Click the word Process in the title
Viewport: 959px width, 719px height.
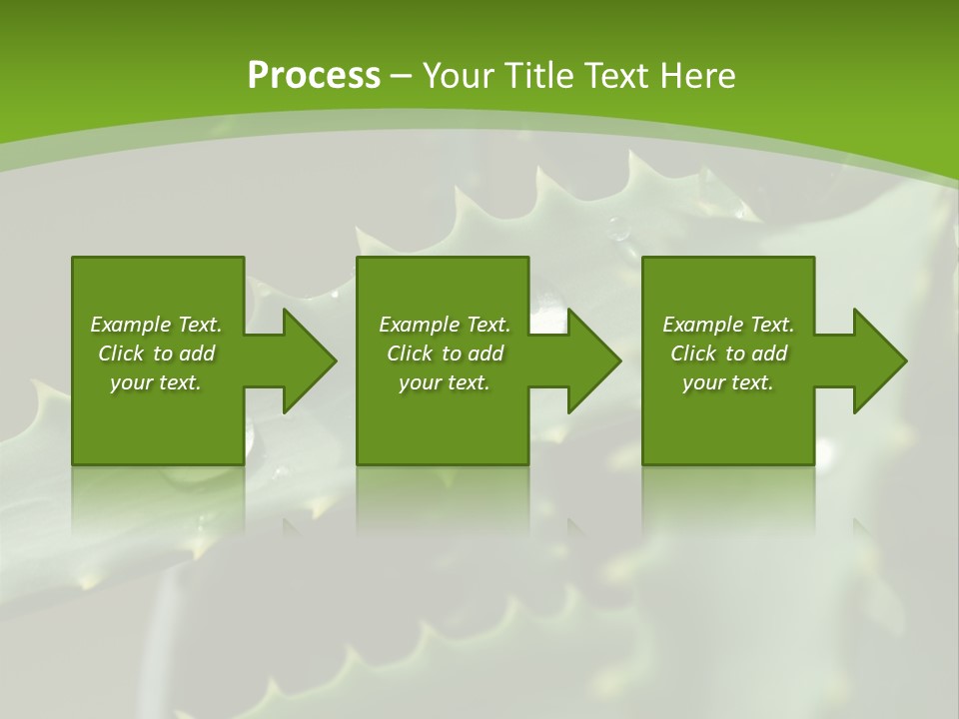click(x=314, y=76)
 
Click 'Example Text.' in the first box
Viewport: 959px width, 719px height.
click(x=156, y=325)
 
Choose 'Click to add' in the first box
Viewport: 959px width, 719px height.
click(x=156, y=354)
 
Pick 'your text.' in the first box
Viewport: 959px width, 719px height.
click(x=156, y=382)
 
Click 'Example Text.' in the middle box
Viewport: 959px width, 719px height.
click(x=444, y=325)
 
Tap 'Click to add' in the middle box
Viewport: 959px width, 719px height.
click(x=444, y=354)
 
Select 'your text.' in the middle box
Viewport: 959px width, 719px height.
click(x=444, y=382)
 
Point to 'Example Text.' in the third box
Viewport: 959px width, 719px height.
click(x=728, y=325)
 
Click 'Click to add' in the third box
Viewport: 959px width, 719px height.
click(x=728, y=354)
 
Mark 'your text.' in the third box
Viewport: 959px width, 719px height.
click(x=728, y=382)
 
